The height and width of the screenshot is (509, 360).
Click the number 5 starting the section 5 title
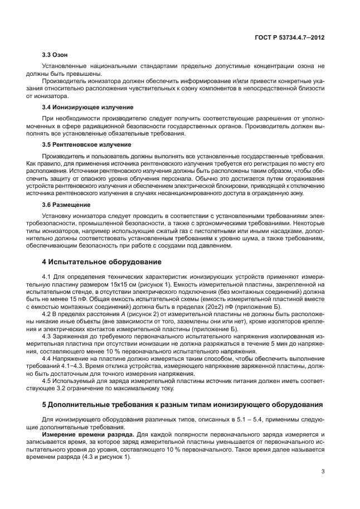point(45,404)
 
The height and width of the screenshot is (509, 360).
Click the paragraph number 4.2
point(47,314)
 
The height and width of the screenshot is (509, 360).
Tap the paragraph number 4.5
point(47,382)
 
